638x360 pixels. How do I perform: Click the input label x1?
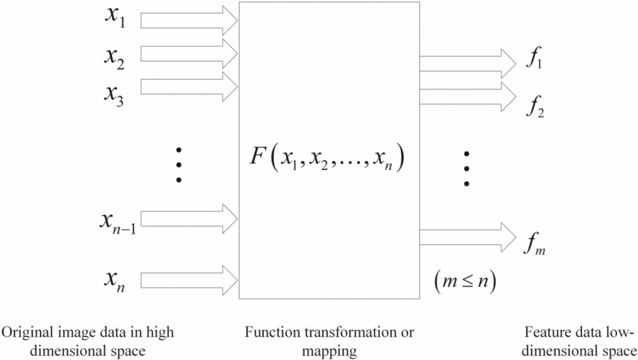tap(115, 19)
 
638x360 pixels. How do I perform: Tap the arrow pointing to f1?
tap(467, 62)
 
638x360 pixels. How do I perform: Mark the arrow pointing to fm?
tap(467, 237)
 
